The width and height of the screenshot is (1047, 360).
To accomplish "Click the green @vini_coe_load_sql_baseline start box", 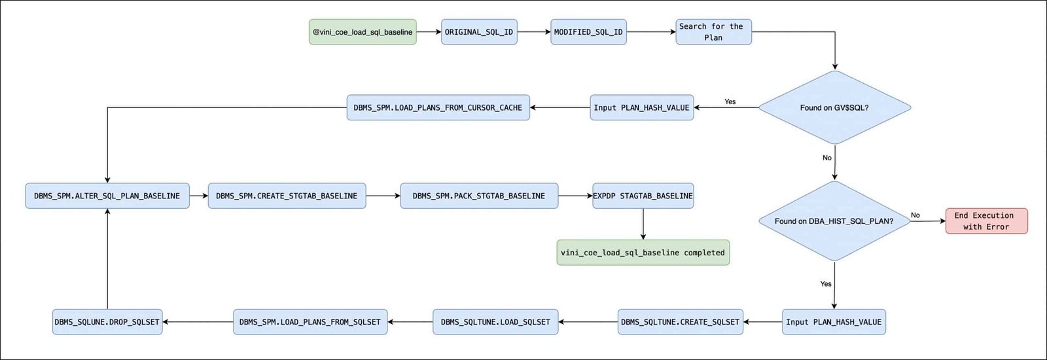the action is [363, 32].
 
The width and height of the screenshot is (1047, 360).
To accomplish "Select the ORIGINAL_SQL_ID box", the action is [479, 32].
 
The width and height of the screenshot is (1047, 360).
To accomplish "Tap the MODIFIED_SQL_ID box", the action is [588, 32].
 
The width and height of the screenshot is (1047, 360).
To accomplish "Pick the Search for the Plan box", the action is [713, 32].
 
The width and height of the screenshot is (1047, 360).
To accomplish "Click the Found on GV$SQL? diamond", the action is [834, 107].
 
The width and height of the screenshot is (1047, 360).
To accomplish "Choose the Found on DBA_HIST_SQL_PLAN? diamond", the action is [834, 221].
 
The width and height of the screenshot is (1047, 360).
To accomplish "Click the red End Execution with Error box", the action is [986, 221].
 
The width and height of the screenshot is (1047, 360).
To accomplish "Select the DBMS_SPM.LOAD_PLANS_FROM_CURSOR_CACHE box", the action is [438, 107].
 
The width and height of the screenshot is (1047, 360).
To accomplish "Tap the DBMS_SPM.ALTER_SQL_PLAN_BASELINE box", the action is [107, 196].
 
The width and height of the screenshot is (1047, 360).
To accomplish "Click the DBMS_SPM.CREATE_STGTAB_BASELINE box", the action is [287, 196].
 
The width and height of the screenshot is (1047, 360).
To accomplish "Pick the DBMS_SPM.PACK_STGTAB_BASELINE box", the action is [479, 196].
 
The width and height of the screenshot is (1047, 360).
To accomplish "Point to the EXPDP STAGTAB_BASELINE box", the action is [643, 196].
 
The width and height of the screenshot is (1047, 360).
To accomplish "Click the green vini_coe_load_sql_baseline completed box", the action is [643, 253].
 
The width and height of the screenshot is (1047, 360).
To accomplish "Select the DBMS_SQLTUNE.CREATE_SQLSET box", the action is [680, 321].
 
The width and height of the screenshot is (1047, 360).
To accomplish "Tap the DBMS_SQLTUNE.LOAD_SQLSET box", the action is [495, 321].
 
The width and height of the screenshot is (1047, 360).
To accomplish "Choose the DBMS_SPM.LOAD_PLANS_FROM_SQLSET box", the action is [310, 321].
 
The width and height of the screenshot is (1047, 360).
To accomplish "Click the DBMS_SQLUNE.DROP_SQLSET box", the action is [107, 321].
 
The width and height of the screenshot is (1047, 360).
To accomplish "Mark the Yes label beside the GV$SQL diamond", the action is [730, 101].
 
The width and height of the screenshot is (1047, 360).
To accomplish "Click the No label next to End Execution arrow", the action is [915, 215].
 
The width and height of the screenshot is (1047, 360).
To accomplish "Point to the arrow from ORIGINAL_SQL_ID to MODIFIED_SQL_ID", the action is [534, 32].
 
